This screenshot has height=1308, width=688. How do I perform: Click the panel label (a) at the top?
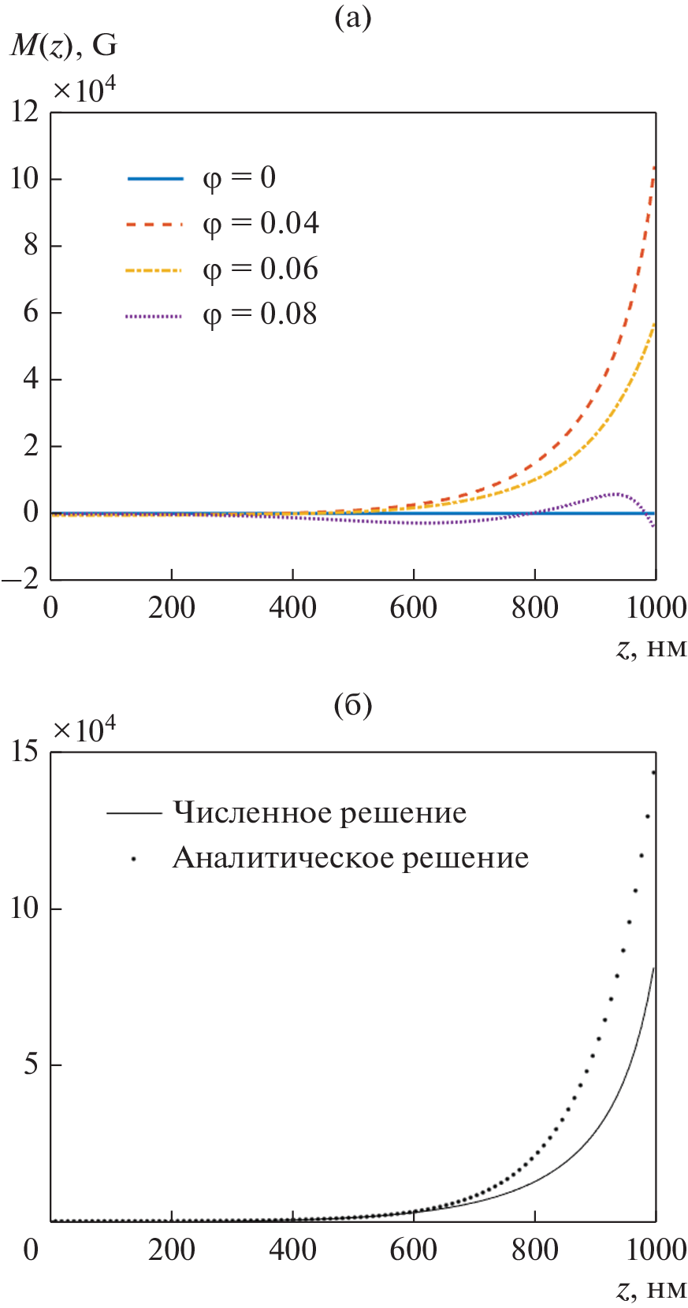352,17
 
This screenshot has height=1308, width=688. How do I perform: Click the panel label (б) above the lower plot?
352,704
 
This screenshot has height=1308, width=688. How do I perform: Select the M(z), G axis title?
64,46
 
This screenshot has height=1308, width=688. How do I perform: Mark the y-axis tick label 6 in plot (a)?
31,312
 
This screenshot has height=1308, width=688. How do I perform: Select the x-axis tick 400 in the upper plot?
292,608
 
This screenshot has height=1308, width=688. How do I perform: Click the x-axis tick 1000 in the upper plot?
655,608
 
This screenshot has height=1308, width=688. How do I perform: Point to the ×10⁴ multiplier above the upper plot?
84,90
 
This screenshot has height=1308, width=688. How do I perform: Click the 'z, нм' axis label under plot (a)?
651,648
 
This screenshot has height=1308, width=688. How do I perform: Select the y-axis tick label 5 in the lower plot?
31,1065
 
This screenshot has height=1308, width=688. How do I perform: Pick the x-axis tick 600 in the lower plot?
413,1249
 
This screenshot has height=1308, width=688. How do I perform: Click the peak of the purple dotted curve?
617,494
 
